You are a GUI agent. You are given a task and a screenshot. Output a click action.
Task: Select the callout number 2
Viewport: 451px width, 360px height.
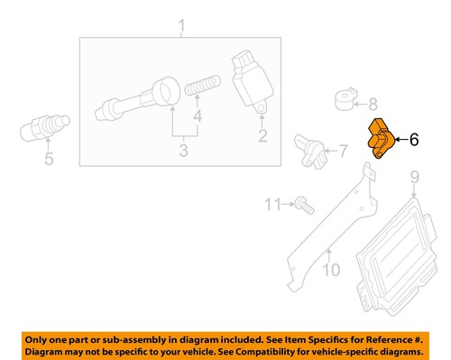(x=263, y=137)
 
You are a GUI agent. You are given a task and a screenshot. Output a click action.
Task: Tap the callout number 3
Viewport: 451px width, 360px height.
(x=182, y=151)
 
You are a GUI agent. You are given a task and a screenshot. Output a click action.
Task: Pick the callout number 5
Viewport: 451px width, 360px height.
(x=50, y=162)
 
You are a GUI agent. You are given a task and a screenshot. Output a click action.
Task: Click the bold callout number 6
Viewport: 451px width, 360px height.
(x=414, y=140)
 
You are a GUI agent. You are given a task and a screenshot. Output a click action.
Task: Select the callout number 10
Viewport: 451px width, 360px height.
(x=331, y=268)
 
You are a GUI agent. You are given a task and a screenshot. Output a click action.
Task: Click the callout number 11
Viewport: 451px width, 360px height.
(x=272, y=206)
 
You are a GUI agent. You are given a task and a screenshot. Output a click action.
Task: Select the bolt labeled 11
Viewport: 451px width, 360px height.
(x=303, y=207)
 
